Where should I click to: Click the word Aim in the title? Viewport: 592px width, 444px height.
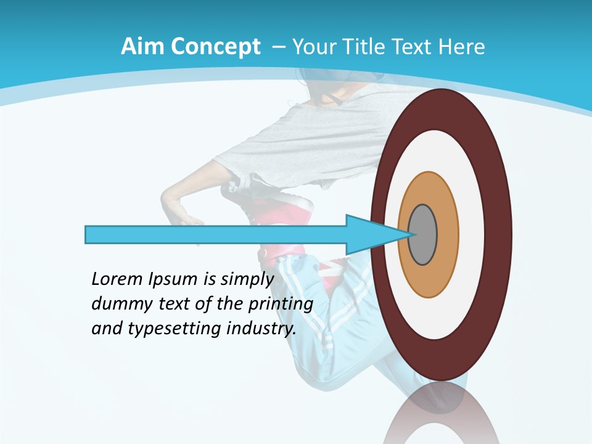143,47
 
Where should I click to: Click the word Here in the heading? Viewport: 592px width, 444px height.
462,47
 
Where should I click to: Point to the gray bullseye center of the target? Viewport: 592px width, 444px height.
423,235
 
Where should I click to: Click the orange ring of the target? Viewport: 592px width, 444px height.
447,235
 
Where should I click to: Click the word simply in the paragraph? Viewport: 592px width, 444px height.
247,280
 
